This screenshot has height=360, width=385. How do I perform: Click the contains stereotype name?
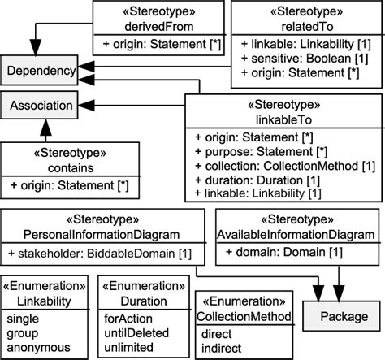pos(69,167)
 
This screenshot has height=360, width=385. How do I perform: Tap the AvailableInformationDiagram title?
pos(296,234)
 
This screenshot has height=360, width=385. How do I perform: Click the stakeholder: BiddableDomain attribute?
pos(102,254)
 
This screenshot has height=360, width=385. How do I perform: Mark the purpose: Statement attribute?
pos(249,152)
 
